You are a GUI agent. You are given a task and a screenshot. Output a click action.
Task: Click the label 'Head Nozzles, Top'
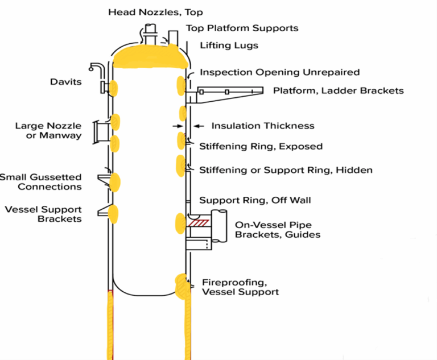155,12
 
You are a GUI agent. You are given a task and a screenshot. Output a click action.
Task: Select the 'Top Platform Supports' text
242,28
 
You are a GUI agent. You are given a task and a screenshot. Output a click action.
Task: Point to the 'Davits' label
65,82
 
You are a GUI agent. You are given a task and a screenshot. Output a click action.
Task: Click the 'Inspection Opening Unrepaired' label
279,72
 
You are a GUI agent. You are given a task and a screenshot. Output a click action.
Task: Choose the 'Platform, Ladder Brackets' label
338,90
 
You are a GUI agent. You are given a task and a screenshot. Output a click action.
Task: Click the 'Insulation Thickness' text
262,126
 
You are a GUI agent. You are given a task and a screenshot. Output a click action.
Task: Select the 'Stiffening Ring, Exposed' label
261,146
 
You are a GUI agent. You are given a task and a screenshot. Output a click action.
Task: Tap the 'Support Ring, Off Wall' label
254,200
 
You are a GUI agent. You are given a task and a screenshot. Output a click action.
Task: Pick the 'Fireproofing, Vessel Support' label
240,287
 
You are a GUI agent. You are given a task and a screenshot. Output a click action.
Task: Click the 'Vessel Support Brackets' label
43,214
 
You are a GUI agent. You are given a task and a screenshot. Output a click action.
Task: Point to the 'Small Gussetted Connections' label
41,182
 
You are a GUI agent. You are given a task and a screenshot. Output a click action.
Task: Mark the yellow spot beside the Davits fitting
113,88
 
